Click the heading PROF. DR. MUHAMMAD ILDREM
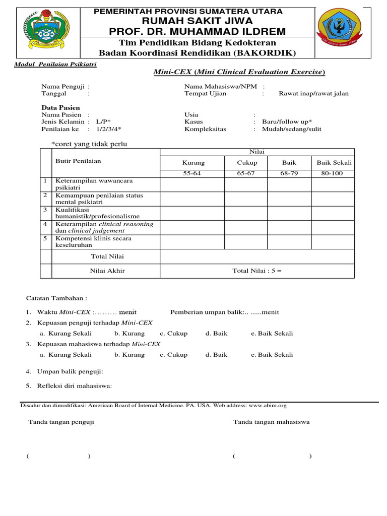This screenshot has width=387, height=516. (197, 32)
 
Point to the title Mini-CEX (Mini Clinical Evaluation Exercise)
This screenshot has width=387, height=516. (239, 73)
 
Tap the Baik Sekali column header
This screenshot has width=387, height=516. (334, 163)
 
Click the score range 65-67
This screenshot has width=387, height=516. (247, 173)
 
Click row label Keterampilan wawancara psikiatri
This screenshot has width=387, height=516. (91, 184)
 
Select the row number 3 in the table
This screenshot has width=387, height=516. (45, 209)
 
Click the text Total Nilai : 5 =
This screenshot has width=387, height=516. (257, 271)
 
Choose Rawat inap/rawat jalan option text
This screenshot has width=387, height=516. (313, 93)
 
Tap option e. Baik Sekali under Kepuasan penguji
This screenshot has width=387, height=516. (272, 334)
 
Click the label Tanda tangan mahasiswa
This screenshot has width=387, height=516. (271, 422)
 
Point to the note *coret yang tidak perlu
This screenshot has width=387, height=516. (89, 144)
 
